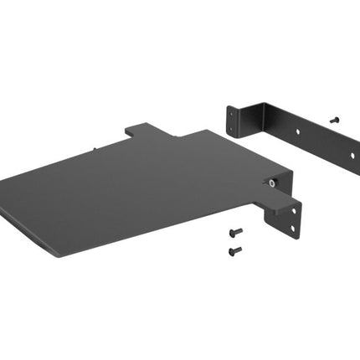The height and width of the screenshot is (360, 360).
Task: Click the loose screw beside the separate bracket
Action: point(335,120)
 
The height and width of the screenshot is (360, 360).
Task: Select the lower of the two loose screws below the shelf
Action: point(235,249)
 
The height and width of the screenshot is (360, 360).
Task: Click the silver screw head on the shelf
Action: point(273,182)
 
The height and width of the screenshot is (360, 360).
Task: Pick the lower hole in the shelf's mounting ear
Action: point(292,227)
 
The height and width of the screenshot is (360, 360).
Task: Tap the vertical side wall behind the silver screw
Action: point(281,184)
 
